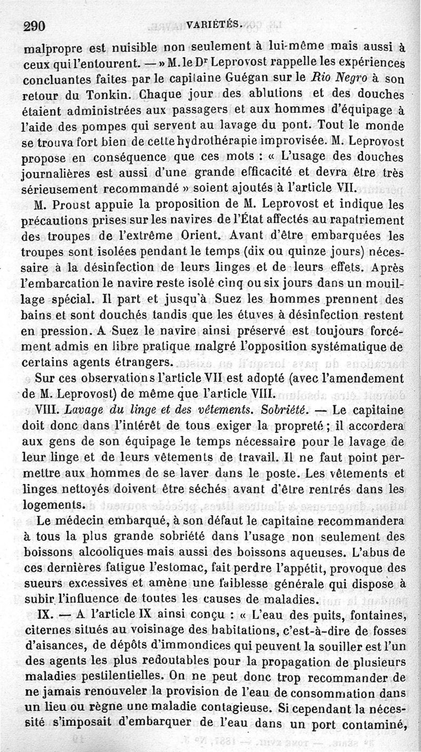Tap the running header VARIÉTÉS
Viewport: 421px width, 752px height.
213,24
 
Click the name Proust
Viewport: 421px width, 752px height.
75,203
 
